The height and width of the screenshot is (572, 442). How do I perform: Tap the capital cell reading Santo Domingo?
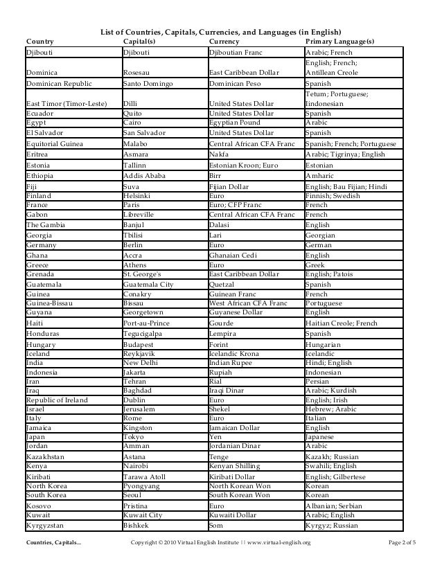pos(148,82)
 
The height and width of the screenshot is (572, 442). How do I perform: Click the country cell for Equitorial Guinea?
pos(55,144)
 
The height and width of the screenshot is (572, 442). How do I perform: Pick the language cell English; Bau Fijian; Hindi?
pos(348,188)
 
